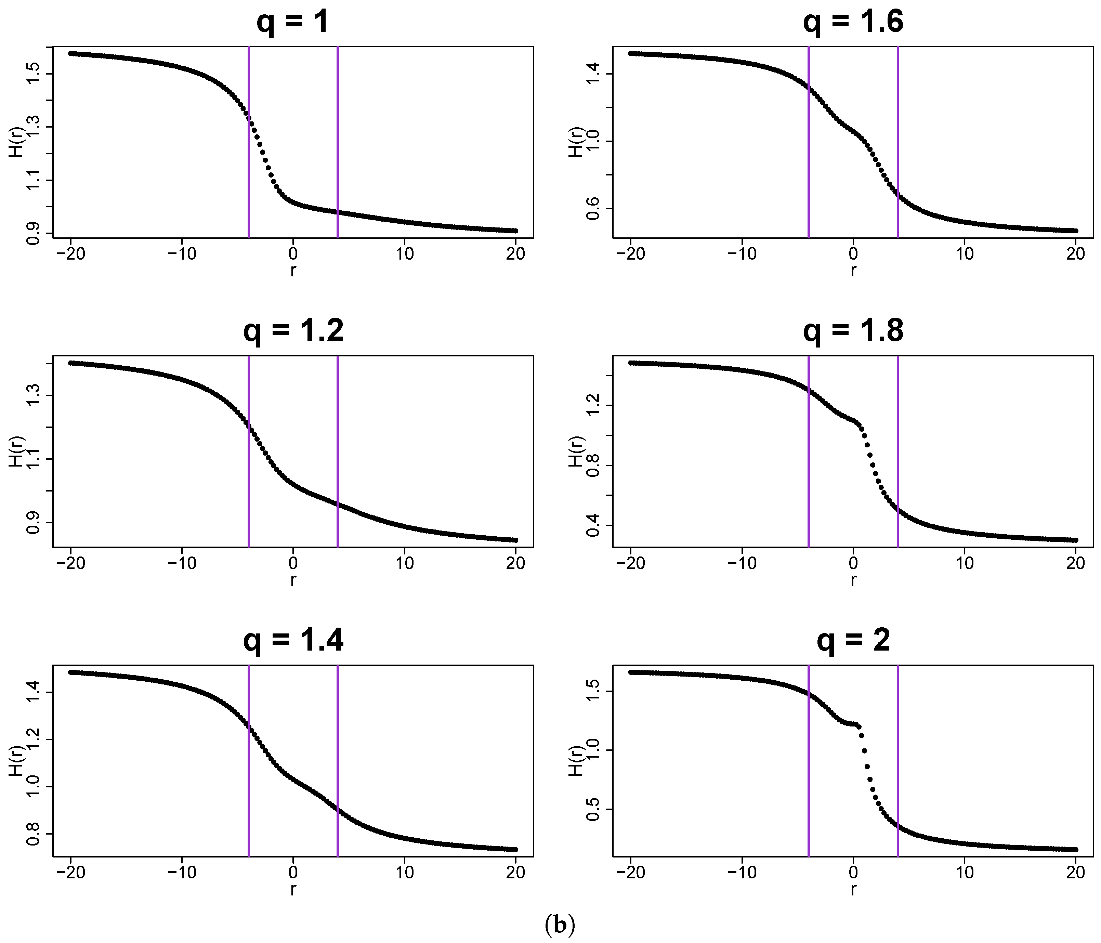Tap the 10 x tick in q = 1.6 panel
[x=965, y=253]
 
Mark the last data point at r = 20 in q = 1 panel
[x=515, y=231]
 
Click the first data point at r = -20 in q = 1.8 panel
[x=630, y=363]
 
